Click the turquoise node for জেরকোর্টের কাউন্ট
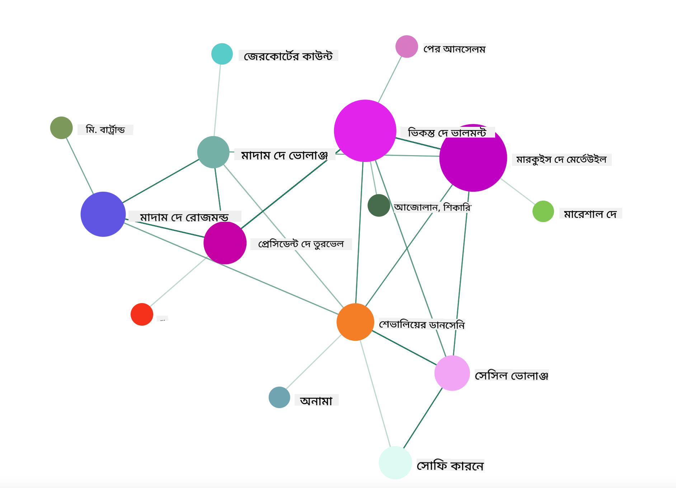pyautogui.click(x=222, y=54)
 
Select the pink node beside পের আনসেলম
pyautogui.click(x=407, y=46)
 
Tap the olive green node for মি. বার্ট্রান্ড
pyautogui.click(x=61, y=128)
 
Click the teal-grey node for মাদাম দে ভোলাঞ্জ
pyautogui.click(x=213, y=152)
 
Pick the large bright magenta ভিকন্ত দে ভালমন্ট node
pyautogui.click(x=365, y=131)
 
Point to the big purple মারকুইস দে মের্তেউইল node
pyautogui.click(x=473, y=158)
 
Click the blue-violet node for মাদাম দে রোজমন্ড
pyautogui.click(x=103, y=214)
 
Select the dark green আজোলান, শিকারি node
pyautogui.click(x=379, y=205)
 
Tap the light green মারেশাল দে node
pyautogui.click(x=543, y=211)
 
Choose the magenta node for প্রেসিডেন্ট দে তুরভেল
pyautogui.click(x=225, y=243)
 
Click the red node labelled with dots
pyautogui.click(x=142, y=314)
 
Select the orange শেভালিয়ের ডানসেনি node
pyautogui.click(x=355, y=322)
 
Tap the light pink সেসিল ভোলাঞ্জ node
pyautogui.click(x=452, y=373)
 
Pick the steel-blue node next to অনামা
pyautogui.click(x=279, y=397)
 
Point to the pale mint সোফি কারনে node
pyautogui.click(x=395, y=463)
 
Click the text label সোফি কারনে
pyautogui.click(x=450, y=465)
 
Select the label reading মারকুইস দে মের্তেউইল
pyautogui.click(x=562, y=159)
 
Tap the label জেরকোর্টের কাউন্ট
pyautogui.click(x=288, y=56)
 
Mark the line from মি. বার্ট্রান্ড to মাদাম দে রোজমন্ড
pyautogui.click(x=80, y=166)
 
